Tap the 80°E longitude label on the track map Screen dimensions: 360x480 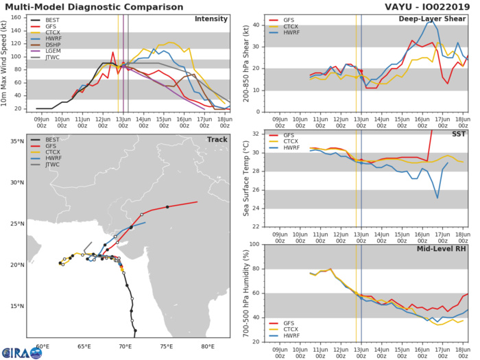(207, 346)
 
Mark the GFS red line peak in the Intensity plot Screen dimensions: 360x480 (113, 51)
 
